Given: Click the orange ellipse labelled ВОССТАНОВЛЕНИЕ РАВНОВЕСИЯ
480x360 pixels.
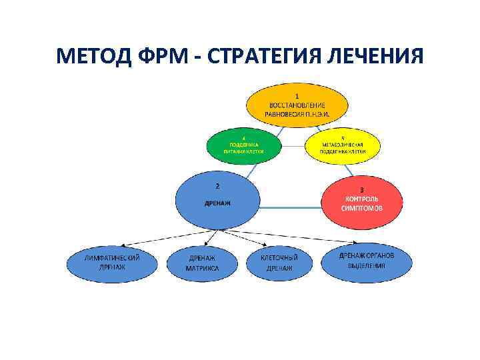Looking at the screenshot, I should [x=297, y=106].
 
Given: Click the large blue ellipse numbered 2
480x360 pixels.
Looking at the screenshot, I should [x=217, y=200].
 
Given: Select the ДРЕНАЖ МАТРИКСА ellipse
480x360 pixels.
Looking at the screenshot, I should [x=201, y=262].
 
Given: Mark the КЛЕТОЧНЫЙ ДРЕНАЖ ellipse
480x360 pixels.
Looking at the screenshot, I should [x=279, y=262].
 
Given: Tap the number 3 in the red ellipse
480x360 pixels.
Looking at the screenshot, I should [x=362, y=189].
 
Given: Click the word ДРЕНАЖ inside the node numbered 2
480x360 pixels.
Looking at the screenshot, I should [x=217, y=203].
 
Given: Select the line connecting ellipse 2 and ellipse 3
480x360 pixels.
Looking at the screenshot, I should [x=291, y=207].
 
